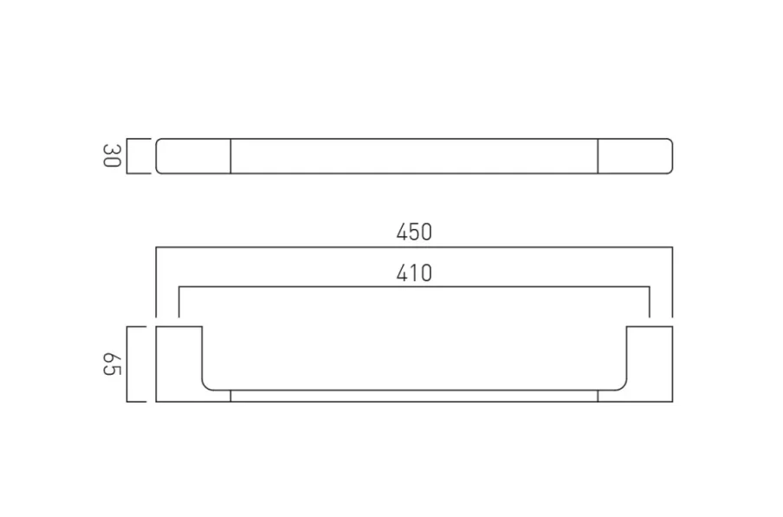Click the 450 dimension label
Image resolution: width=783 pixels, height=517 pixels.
coord(414,232)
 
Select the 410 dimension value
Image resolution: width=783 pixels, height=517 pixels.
coord(414,274)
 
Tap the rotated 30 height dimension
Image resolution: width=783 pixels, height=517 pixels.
coord(111,156)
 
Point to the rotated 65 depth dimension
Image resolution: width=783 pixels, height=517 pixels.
coord(111,363)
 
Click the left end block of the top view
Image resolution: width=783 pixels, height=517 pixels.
coord(193,156)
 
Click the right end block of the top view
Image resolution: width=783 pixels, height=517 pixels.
coord(635,156)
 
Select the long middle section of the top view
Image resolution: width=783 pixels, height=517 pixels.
coord(414,156)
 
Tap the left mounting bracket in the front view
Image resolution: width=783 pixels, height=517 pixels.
coord(178,364)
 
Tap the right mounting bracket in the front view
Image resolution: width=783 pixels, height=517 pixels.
coord(650,364)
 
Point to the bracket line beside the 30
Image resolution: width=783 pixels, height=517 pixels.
coord(128,156)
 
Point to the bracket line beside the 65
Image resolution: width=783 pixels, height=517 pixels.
coord(128,363)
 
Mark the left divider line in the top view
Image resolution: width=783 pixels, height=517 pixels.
coord(230,156)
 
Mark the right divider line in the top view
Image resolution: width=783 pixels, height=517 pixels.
coord(598,156)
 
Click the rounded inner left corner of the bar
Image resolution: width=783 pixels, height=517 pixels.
coord(207,384)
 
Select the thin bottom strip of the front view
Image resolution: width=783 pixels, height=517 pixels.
coord(414,396)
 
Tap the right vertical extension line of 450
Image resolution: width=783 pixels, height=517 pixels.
coord(672,282)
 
